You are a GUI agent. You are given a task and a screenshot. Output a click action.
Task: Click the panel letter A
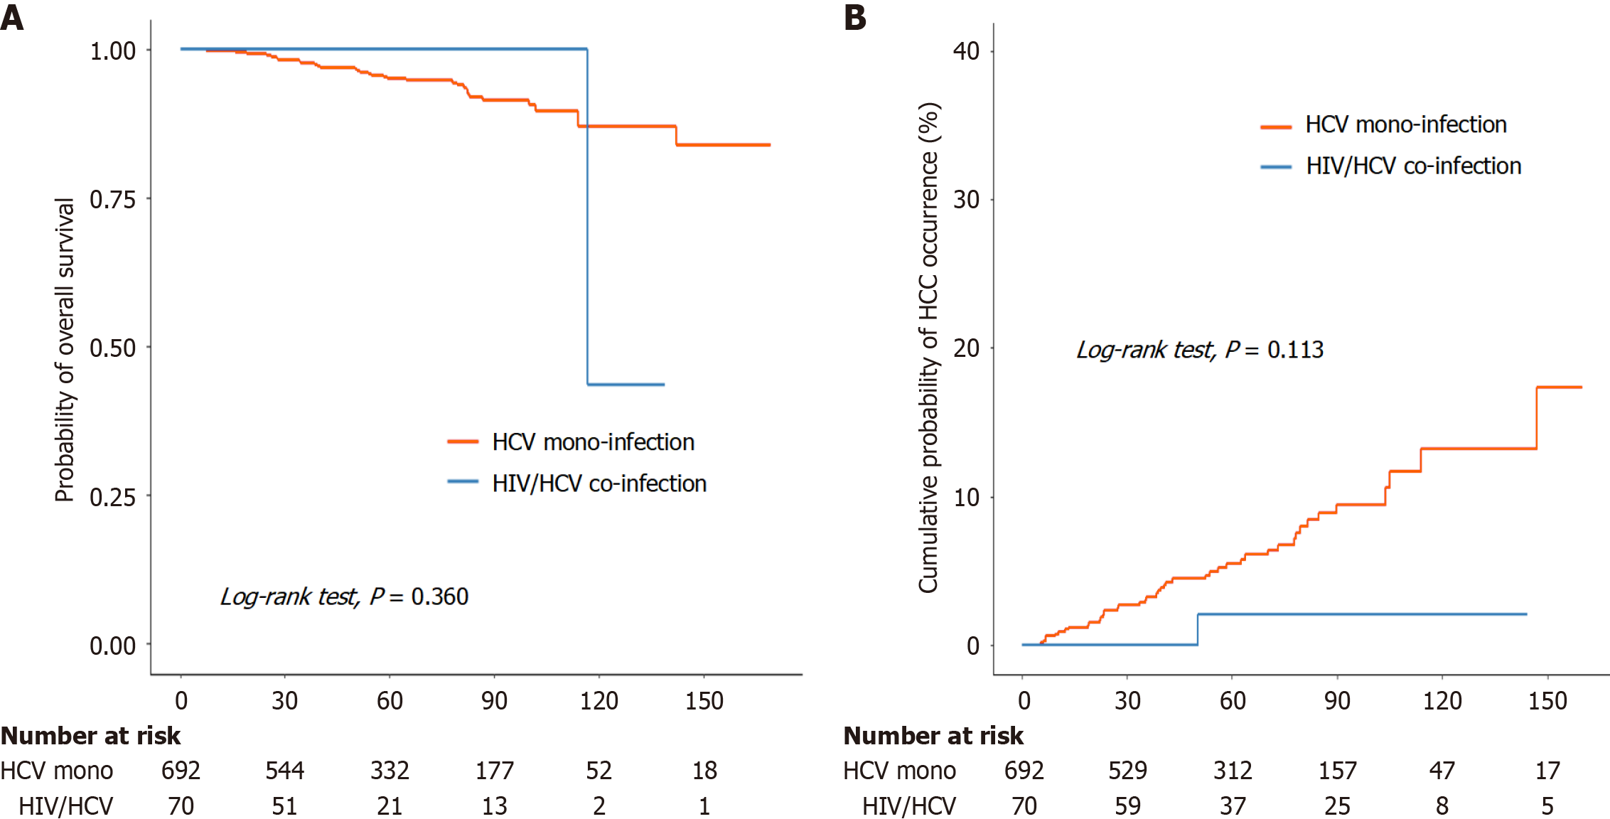pos(12,17)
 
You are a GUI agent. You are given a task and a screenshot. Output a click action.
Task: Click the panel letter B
pos(855,17)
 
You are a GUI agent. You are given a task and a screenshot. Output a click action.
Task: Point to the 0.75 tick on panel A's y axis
pos(112,200)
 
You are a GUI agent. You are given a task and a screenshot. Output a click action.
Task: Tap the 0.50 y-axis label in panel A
pos(112,348)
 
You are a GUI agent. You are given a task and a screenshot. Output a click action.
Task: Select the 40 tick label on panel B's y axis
pos(966,51)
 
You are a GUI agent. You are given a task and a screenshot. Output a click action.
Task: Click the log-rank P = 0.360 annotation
pos(344,596)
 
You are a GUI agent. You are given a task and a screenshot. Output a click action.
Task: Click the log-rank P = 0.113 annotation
pos(1200,350)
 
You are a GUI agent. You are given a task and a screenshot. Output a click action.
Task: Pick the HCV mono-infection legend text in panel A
pos(593,442)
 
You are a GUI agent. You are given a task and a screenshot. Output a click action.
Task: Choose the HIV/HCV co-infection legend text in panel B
pos(1413,166)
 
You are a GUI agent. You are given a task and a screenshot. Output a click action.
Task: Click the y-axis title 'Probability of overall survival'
pos(65,350)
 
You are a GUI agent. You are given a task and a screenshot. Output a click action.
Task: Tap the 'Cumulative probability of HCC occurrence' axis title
pos(928,348)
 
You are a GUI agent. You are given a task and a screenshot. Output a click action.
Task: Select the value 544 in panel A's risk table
pos(284,771)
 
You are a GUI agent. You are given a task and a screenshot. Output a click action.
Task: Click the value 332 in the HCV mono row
pos(390,771)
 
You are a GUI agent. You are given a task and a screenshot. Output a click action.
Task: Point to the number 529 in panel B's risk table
pos(1127,771)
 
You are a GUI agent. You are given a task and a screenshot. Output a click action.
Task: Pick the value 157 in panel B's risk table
pos(1337,771)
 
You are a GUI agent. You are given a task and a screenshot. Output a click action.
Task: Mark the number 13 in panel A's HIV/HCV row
pos(494,806)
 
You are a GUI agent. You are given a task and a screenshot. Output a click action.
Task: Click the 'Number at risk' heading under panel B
pos(933,736)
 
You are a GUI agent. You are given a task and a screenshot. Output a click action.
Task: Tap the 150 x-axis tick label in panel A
pos(704,701)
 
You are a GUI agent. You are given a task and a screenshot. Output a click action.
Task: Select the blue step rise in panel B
pos(1198,629)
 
